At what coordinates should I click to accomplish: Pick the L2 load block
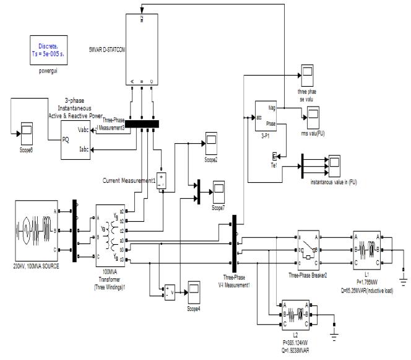click(296, 312)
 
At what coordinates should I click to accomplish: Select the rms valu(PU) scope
click(314, 115)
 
